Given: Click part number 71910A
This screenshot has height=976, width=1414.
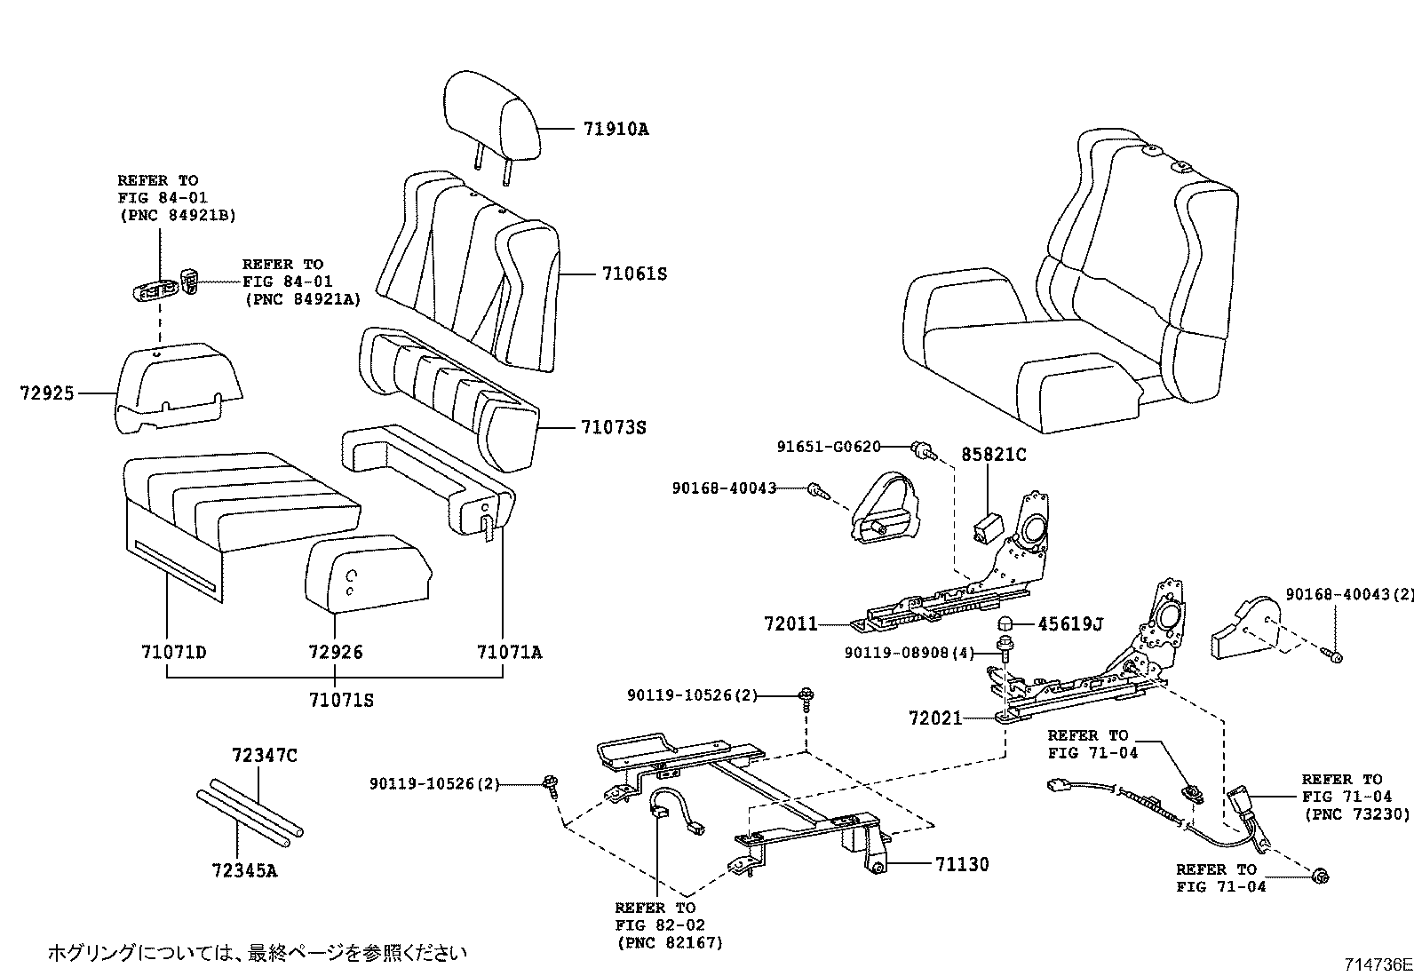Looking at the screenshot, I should (616, 129).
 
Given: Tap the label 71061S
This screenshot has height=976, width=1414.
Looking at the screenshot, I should (633, 274).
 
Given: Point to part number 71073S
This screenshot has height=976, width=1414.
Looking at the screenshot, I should (614, 428).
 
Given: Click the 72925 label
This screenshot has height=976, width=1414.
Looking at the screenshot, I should (47, 392).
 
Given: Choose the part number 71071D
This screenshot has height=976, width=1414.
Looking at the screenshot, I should (173, 653).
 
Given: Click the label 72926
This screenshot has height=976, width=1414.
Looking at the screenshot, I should (336, 653).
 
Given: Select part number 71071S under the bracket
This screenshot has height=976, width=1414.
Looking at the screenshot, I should (341, 701).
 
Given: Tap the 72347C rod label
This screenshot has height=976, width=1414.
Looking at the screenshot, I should (264, 756).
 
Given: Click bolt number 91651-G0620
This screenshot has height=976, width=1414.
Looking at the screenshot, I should (828, 447).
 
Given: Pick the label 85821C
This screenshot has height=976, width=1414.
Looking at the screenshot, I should (993, 455).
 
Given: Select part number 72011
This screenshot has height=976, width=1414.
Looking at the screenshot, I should (790, 624).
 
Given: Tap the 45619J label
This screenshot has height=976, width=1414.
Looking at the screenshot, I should (1069, 624).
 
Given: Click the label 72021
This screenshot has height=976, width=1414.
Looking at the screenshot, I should (935, 718).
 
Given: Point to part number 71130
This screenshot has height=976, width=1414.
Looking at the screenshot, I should (961, 864).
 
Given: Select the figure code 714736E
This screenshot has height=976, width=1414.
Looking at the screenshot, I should (1377, 964).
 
